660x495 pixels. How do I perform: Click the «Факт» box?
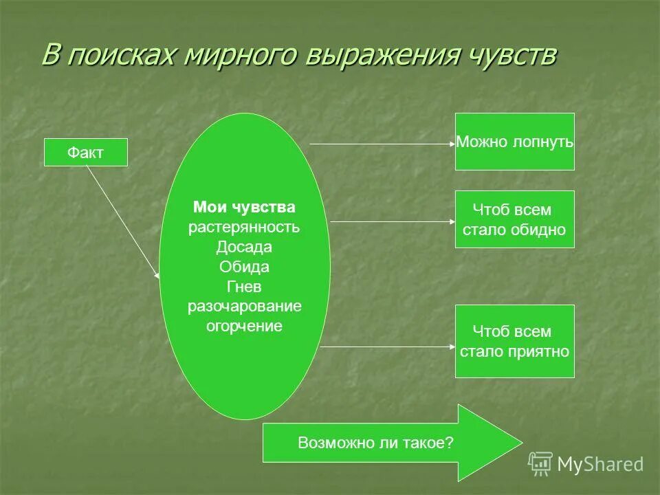86,152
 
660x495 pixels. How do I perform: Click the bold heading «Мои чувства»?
244,207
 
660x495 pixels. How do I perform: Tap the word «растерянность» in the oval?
244,227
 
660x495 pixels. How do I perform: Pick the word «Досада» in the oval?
244,247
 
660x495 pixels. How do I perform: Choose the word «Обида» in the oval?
244,267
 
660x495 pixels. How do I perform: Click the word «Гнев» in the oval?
244,286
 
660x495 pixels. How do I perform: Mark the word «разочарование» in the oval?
244,306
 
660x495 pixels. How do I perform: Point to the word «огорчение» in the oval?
244,326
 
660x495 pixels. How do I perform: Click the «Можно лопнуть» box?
514,142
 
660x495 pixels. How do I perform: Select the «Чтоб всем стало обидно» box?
514,219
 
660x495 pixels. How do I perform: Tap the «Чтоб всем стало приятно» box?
514,341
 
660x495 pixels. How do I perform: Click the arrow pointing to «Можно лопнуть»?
382,144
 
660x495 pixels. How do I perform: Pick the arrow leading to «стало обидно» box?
392,221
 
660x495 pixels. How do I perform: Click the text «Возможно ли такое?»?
375,443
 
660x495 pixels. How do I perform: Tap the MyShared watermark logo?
586,464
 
